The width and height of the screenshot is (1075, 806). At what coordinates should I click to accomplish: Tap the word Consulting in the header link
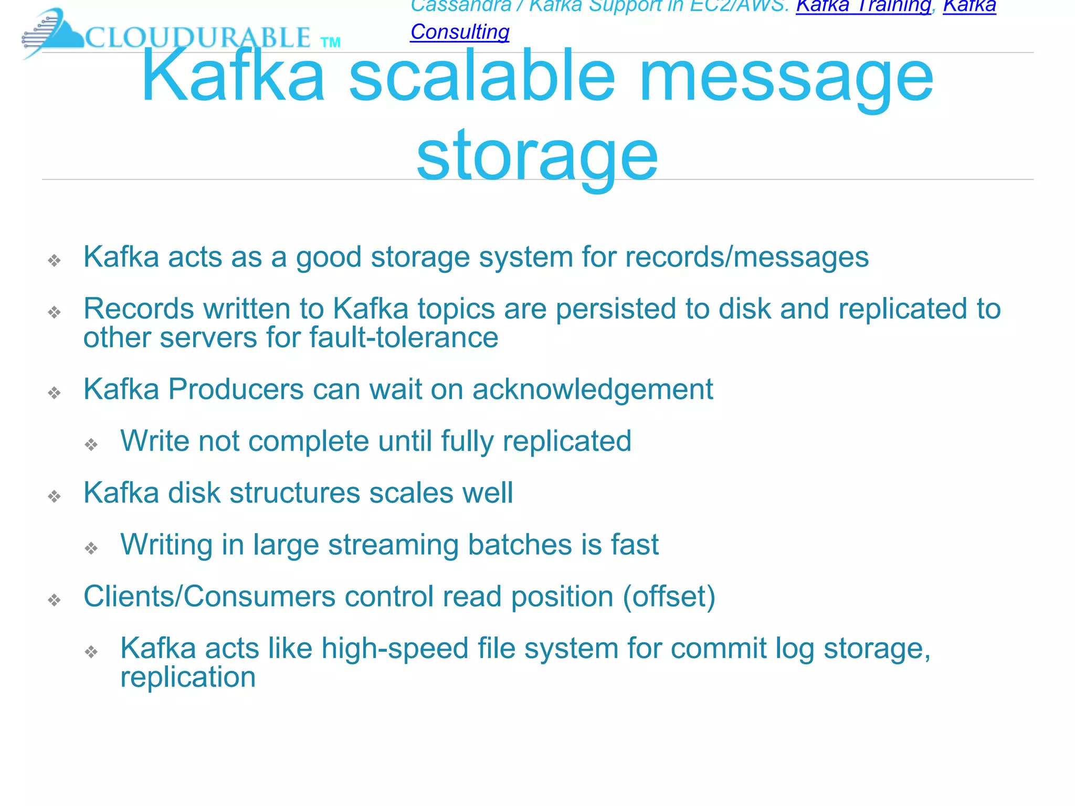pyautogui.click(x=460, y=32)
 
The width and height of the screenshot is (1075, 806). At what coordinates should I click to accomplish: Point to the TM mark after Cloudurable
pyautogui.click(x=330, y=43)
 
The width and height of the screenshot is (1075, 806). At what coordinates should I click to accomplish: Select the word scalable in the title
pyautogui.click(x=481, y=77)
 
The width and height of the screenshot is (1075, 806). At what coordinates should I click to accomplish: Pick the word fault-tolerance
pyautogui.click(x=404, y=337)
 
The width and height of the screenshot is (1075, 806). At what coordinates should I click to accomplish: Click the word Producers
pyautogui.click(x=236, y=390)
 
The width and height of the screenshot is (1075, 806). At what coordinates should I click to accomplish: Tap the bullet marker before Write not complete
pyautogui.click(x=91, y=445)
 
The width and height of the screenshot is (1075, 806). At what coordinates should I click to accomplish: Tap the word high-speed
pyautogui.click(x=395, y=649)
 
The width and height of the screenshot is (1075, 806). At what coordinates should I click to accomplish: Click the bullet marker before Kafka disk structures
pyautogui.click(x=55, y=496)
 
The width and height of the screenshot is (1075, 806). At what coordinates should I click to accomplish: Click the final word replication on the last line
pyautogui.click(x=188, y=677)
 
